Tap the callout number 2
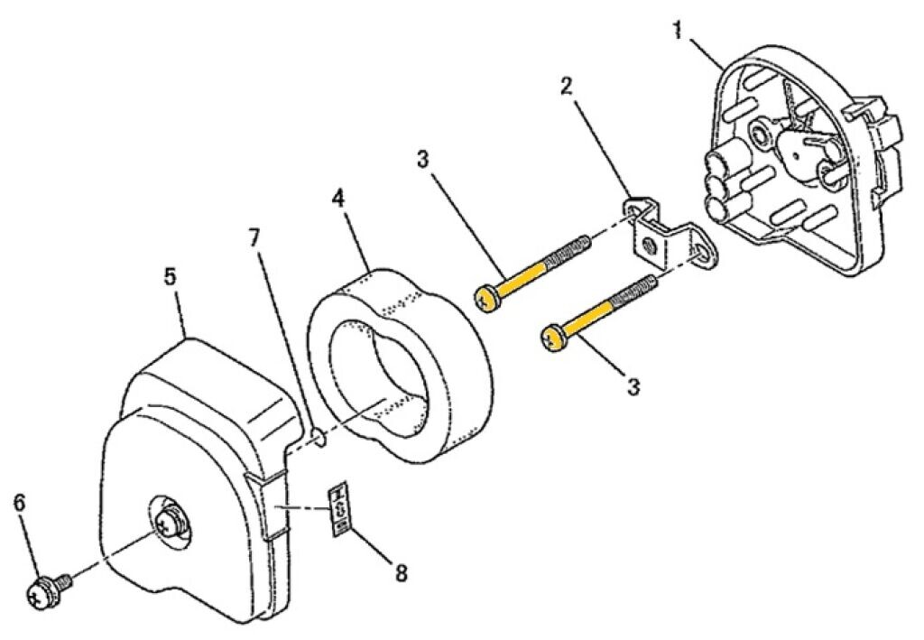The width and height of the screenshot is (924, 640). (566, 88)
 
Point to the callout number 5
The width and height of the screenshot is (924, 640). (170, 276)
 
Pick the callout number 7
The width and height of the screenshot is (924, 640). (254, 237)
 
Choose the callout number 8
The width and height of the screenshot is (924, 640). (401, 571)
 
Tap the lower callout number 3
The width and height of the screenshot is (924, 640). (634, 386)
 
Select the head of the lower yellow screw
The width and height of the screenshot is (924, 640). (552, 339)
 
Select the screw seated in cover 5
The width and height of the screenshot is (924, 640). (171, 524)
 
